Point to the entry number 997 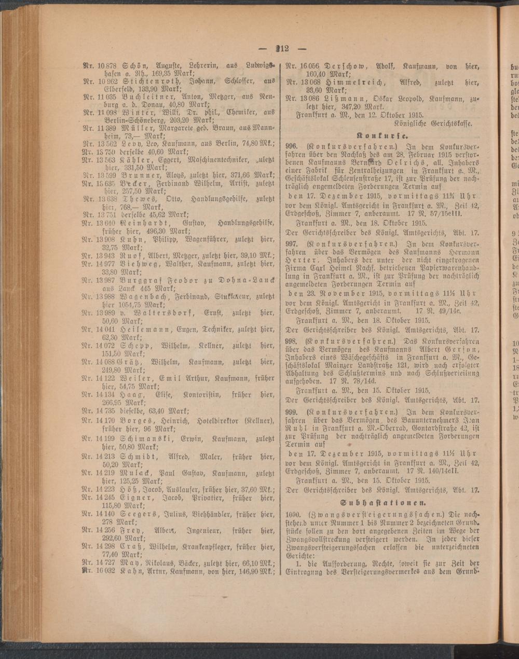pyautogui.click(x=292, y=243)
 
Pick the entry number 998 pyautogui.click(x=292, y=341)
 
